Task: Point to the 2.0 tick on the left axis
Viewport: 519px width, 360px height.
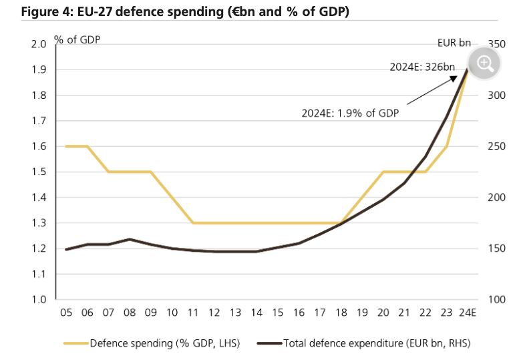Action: (37, 44)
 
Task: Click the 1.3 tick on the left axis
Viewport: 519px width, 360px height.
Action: (37, 223)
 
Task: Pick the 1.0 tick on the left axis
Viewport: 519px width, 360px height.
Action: (37, 300)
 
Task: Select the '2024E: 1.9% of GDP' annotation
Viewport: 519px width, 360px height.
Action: (350, 114)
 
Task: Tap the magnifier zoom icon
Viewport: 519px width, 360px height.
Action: (484, 63)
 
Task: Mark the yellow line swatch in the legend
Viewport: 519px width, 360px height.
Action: (75, 343)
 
